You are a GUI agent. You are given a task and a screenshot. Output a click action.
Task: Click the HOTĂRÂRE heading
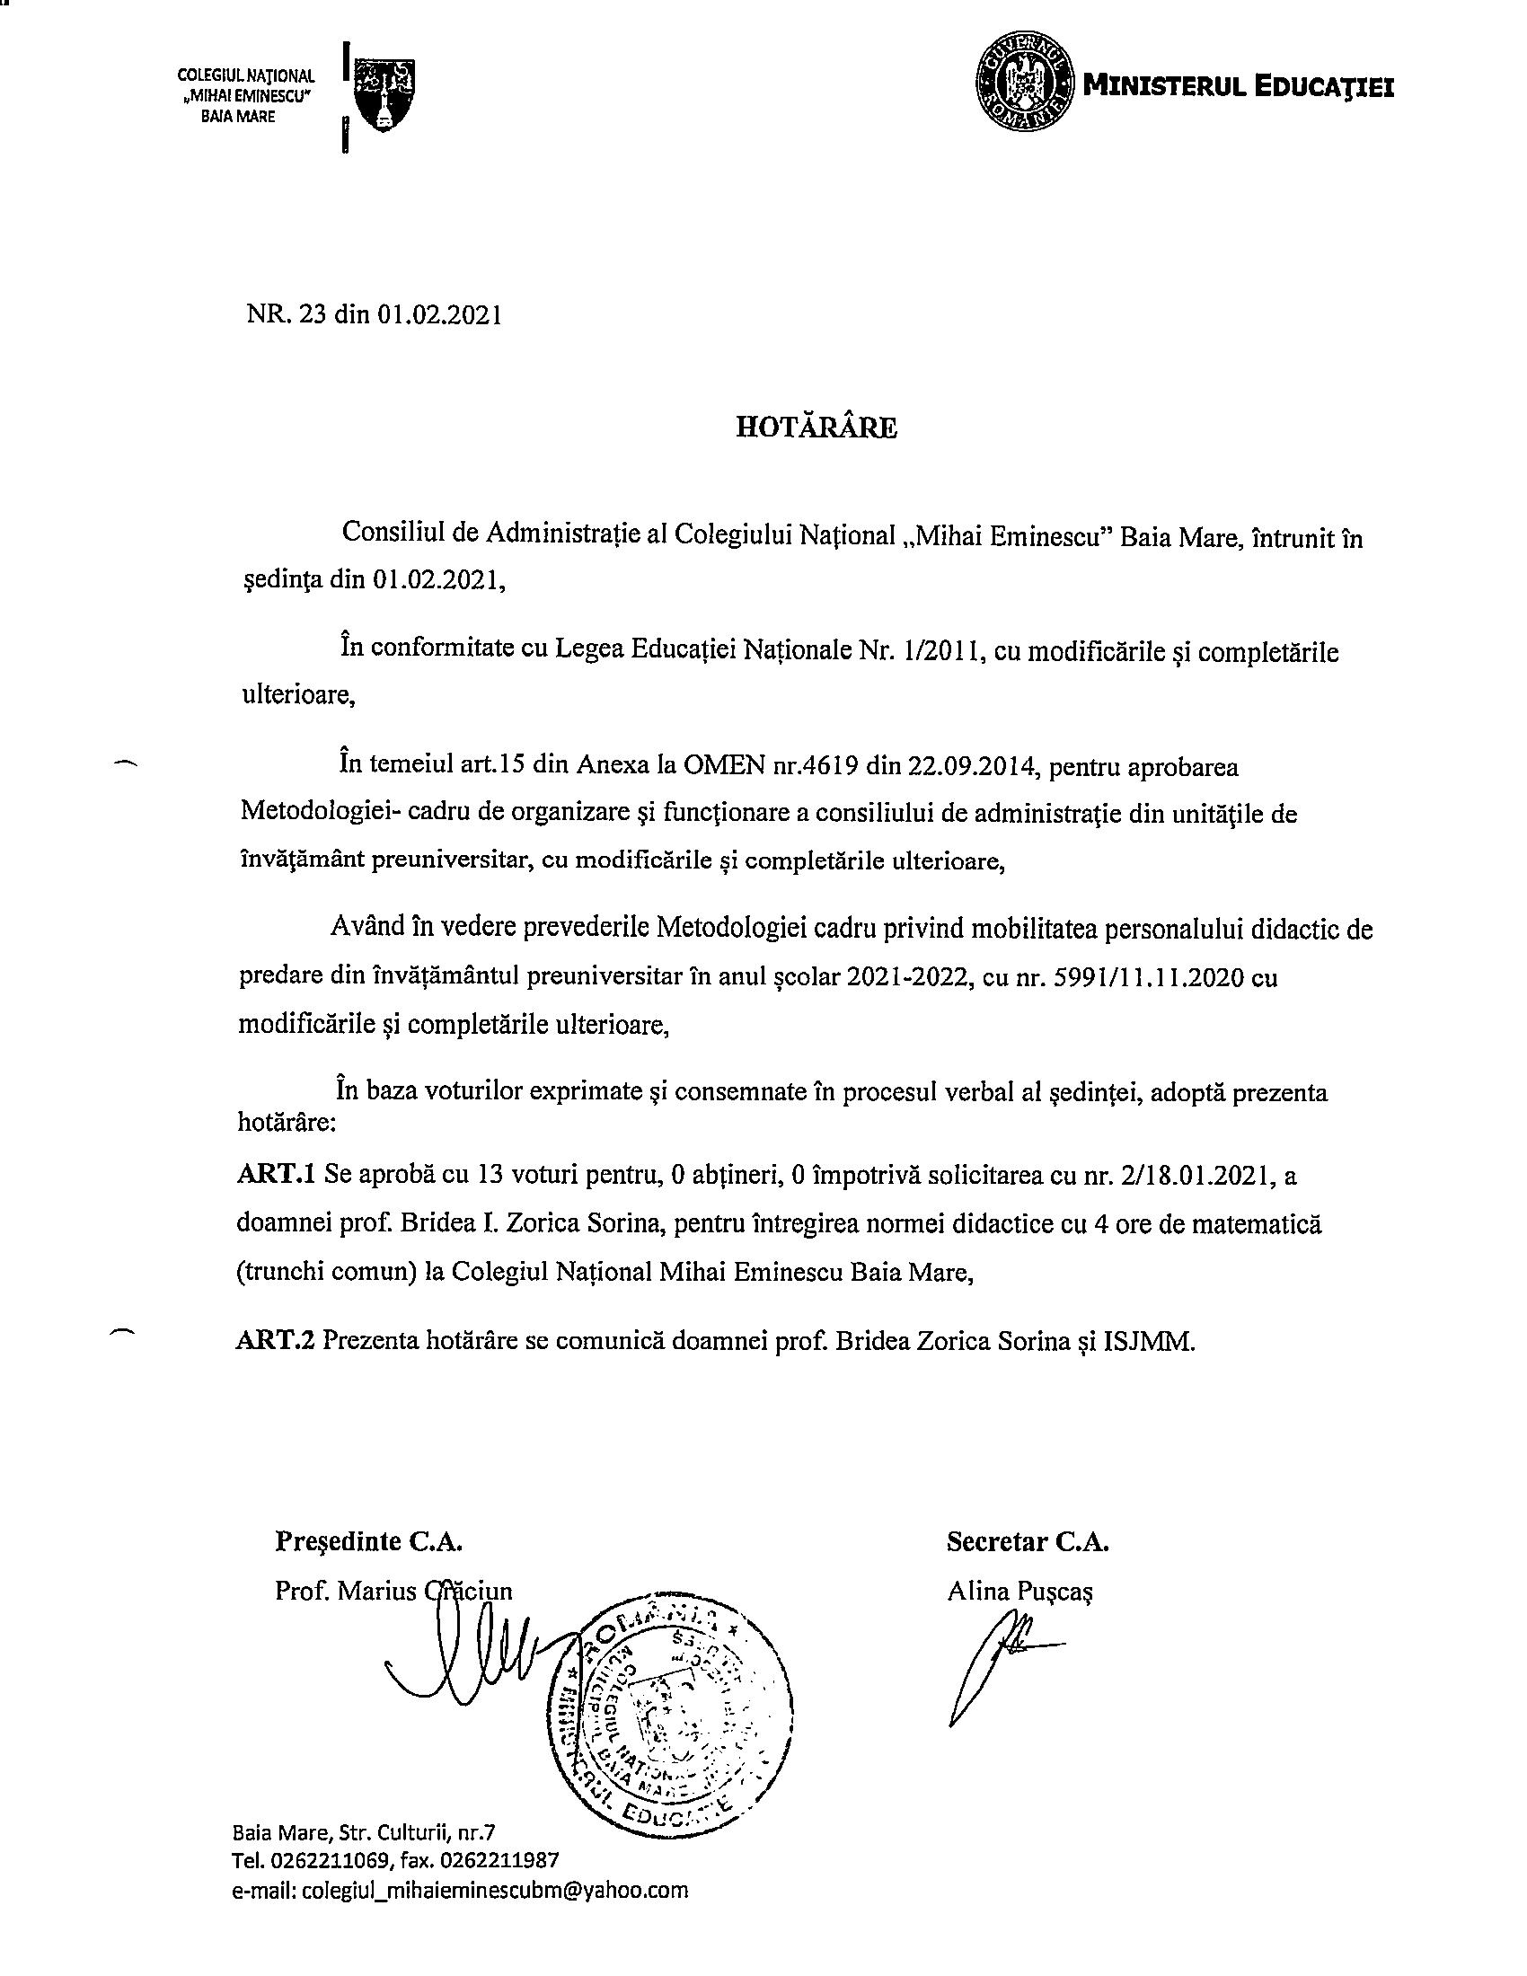815,428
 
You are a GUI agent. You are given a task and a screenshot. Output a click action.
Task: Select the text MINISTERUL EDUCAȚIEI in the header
1239,87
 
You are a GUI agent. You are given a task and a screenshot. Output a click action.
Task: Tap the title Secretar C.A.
1028,1540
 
